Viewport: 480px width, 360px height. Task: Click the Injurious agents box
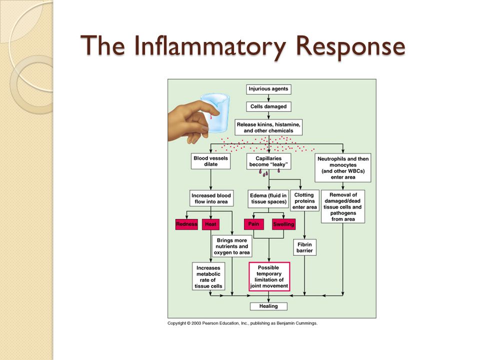tap(268, 89)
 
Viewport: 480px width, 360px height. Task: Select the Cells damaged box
tap(268, 106)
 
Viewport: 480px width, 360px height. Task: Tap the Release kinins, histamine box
tap(268, 127)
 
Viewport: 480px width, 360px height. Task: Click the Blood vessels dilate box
tap(210, 161)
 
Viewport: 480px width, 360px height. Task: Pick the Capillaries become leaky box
tap(268, 161)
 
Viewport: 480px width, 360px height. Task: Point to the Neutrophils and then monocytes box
tap(343, 168)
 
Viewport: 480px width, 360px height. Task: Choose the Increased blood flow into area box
tap(211, 198)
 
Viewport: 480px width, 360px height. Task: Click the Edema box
tap(268, 198)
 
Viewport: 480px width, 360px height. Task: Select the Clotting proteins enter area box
tap(304, 201)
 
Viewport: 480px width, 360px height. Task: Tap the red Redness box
tap(186, 224)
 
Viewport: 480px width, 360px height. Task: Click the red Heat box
tap(210, 224)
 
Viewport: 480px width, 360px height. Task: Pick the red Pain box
tap(254, 224)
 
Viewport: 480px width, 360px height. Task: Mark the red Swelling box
tap(284, 224)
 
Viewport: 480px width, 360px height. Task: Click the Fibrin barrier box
tap(304, 247)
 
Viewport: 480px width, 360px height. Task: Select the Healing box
tap(268, 306)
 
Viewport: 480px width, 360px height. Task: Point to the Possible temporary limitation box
tap(269, 276)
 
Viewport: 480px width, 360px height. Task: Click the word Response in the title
tap(351, 46)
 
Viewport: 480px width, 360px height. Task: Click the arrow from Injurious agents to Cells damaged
tap(268, 98)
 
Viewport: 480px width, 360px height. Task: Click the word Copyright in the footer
tap(176, 323)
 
